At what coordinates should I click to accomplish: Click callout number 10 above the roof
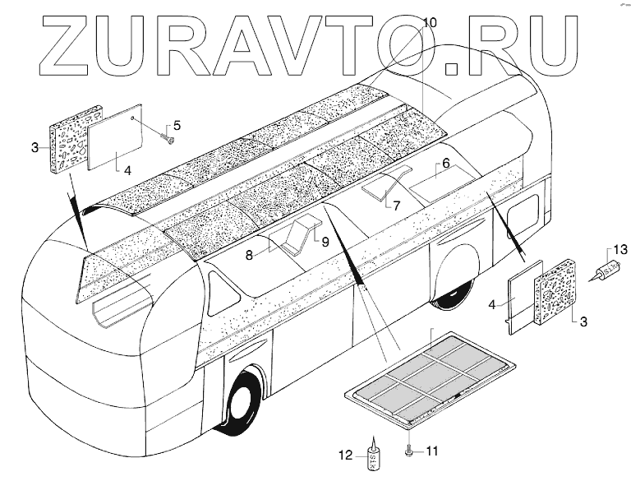click(431, 21)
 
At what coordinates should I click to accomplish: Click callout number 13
click(620, 249)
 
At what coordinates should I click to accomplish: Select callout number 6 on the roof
click(445, 164)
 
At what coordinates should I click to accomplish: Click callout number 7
click(395, 206)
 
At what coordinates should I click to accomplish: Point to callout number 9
click(325, 243)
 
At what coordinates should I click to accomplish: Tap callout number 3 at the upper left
click(35, 148)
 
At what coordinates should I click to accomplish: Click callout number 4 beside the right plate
click(492, 304)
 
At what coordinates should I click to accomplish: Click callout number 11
click(432, 451)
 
